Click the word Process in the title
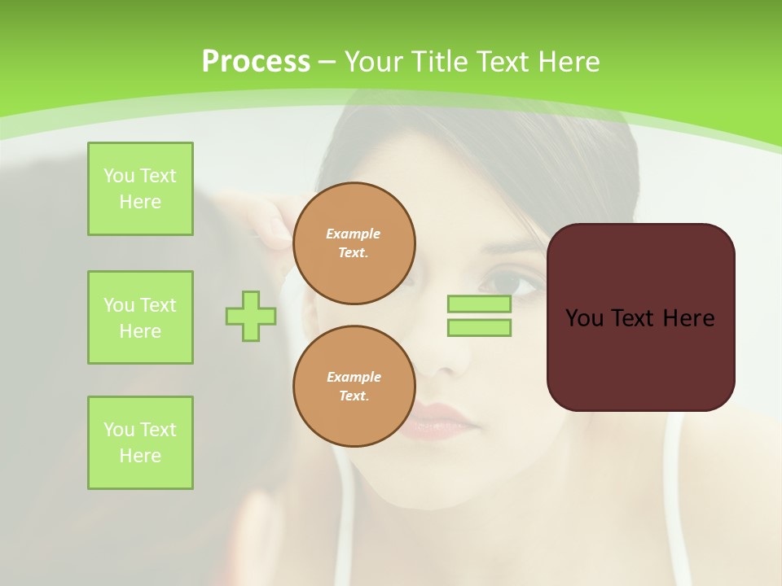pos(256,61)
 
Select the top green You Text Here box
pos(140,189)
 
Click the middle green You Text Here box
pos(140,317)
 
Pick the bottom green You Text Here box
pos(140,443)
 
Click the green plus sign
pos(251,316)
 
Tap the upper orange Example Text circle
pos(354,243)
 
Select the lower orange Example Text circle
pos(354,387)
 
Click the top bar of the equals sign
pos(479,304)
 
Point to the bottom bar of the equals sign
pos(479,328)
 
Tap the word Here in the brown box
pos(688,318)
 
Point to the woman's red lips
pos(440,420)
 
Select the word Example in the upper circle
pos(354,234)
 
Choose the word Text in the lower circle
pos(354,396)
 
